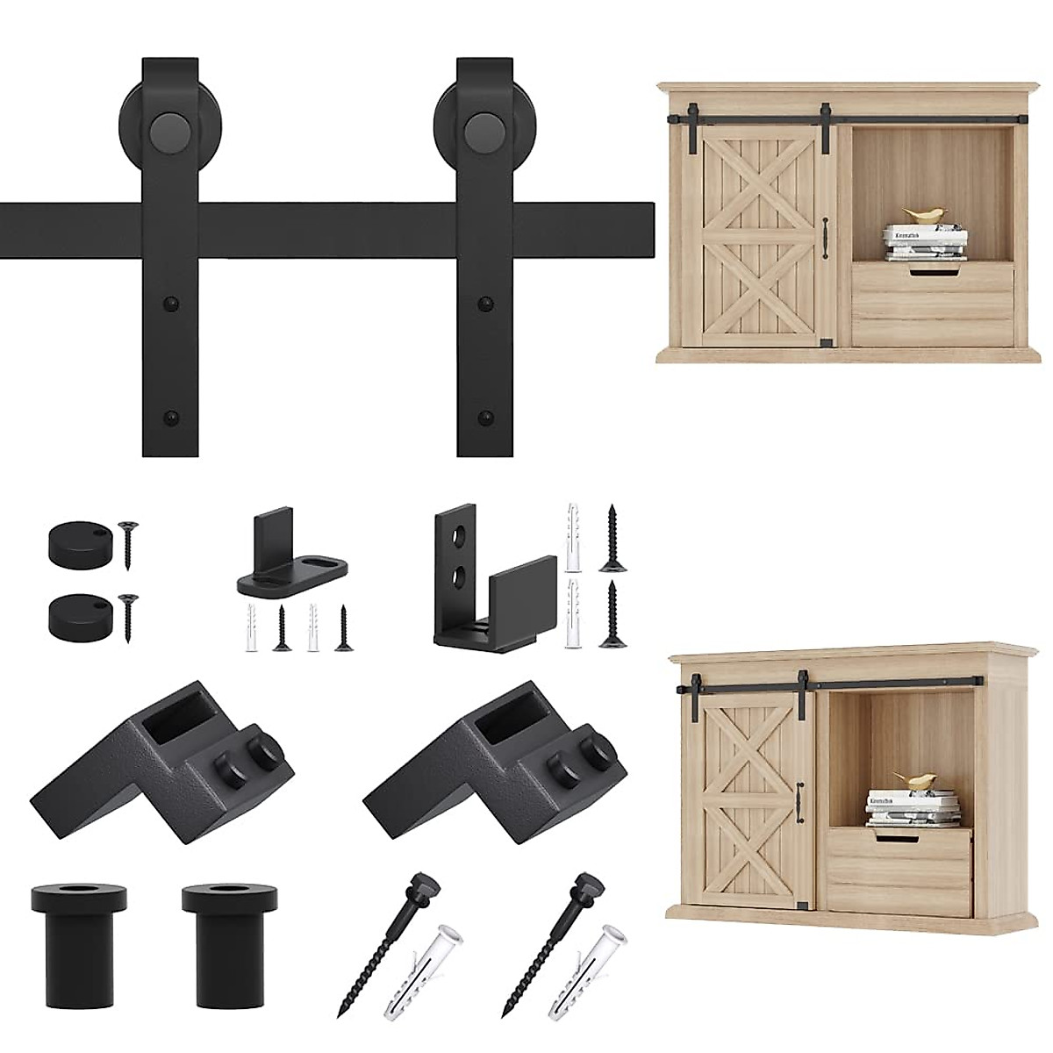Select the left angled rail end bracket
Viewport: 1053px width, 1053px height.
pyautogui.click(x=154, y=751)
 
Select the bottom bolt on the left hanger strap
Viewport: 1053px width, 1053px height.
pyautogui.click(x=168, y=416)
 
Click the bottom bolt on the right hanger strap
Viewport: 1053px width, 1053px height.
pyautogui.click(x=484, y=416)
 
